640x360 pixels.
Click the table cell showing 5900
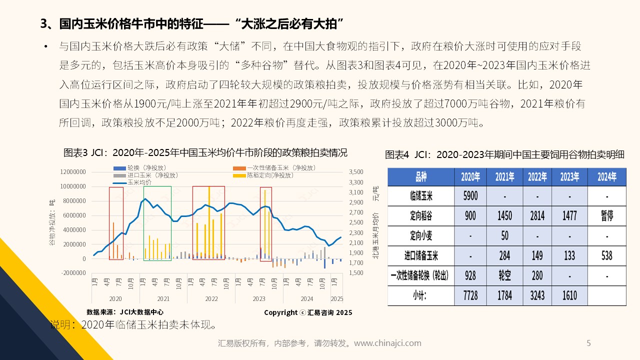[470, 196]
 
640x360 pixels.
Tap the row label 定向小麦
[420, 235]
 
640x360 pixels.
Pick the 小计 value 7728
[470, 295]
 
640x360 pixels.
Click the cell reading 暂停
[606, 216]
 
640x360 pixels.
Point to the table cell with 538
[606, 255]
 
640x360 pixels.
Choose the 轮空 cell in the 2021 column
[504, 275]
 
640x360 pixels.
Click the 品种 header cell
[420, 177]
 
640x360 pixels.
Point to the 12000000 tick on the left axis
[72, 172]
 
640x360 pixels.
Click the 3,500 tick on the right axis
[356, 172]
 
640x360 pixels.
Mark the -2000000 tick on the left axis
[72, 273]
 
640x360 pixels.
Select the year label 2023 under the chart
[258, 298]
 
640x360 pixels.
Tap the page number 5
[588, 343]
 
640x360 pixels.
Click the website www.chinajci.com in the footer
[387, 343]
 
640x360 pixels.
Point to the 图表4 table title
[505, 154]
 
